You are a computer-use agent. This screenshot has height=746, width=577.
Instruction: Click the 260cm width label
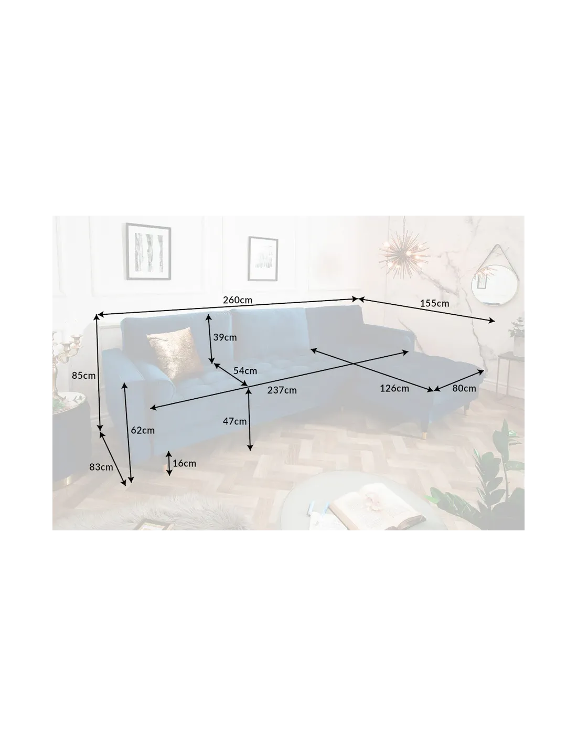[238, 300]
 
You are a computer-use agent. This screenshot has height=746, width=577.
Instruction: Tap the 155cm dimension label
[434, 303]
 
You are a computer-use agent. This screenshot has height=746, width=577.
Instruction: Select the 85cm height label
[84, 375]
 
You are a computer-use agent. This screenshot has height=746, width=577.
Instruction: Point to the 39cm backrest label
[225, 337]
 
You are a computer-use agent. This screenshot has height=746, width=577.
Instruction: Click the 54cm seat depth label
[245, 370]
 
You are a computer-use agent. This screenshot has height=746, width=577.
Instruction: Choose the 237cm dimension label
[282, 390]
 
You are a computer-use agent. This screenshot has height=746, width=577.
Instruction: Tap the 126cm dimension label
[394, 388]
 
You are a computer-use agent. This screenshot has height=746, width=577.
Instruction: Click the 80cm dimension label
[464, 388]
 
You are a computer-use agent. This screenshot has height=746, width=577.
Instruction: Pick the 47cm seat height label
[235, 421]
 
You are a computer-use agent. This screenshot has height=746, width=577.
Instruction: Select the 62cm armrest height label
[143, 430]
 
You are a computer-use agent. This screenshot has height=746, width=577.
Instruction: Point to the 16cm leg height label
[184, 463]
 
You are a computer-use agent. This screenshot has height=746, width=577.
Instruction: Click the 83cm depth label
[101, 467]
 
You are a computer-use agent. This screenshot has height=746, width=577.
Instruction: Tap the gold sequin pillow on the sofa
[174, 354]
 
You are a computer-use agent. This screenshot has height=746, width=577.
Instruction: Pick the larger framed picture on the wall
[148, 251]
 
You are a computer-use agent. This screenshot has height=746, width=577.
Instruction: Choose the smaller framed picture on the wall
[263, 259]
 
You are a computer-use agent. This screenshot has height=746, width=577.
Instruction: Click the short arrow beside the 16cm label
[169, 463]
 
